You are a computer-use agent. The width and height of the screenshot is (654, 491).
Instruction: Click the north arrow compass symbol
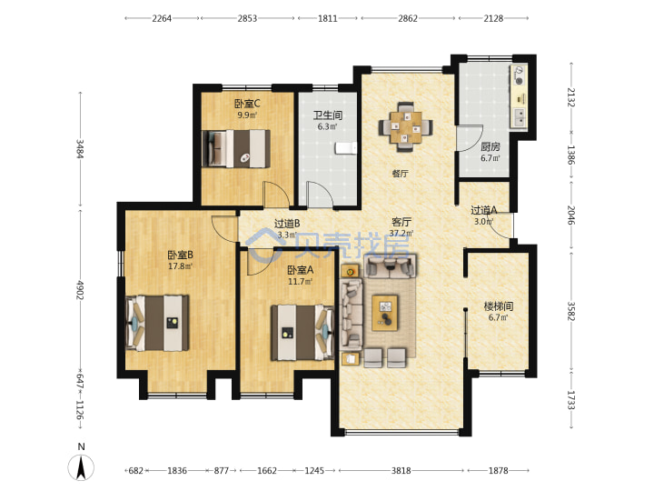[x=81, y=466]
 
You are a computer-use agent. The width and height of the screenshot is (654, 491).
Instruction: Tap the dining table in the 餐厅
[x=405, y=127]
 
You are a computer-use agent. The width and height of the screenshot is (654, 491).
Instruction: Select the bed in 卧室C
[x=235, y=148]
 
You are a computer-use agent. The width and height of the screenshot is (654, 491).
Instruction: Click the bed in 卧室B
[x=157, y=323]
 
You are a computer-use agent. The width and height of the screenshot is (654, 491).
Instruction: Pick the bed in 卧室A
[x=302, y=333]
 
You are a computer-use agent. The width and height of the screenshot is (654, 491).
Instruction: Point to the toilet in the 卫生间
[x=346, y=148]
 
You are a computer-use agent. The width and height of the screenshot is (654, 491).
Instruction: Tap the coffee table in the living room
[x=385, y=313]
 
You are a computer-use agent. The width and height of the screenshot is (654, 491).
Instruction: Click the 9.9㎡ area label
[x=247, y=115]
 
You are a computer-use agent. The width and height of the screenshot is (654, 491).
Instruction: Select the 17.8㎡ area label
[x=180, y=266]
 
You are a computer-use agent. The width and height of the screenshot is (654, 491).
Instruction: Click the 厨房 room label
[x=490, y=146]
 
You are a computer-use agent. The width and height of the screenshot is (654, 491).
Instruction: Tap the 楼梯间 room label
[x=499, y=306]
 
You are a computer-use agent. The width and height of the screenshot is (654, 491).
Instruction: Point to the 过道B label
[x=287, y=224]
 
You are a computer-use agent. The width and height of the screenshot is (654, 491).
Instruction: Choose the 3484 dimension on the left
[x=80, y=148]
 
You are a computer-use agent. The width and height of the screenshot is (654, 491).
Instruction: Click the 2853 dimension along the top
[x=247, y=18]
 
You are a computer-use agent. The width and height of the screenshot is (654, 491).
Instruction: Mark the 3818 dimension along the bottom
[x=401, y=471]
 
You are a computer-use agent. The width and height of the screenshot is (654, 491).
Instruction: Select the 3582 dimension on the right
[x=571, y=311]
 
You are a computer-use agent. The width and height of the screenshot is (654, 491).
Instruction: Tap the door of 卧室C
[x=276, y=195]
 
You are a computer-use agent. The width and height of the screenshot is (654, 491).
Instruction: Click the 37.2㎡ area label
[x=401, y=233]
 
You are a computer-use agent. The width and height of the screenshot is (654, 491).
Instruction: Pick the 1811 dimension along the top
[x=328, y=18]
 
